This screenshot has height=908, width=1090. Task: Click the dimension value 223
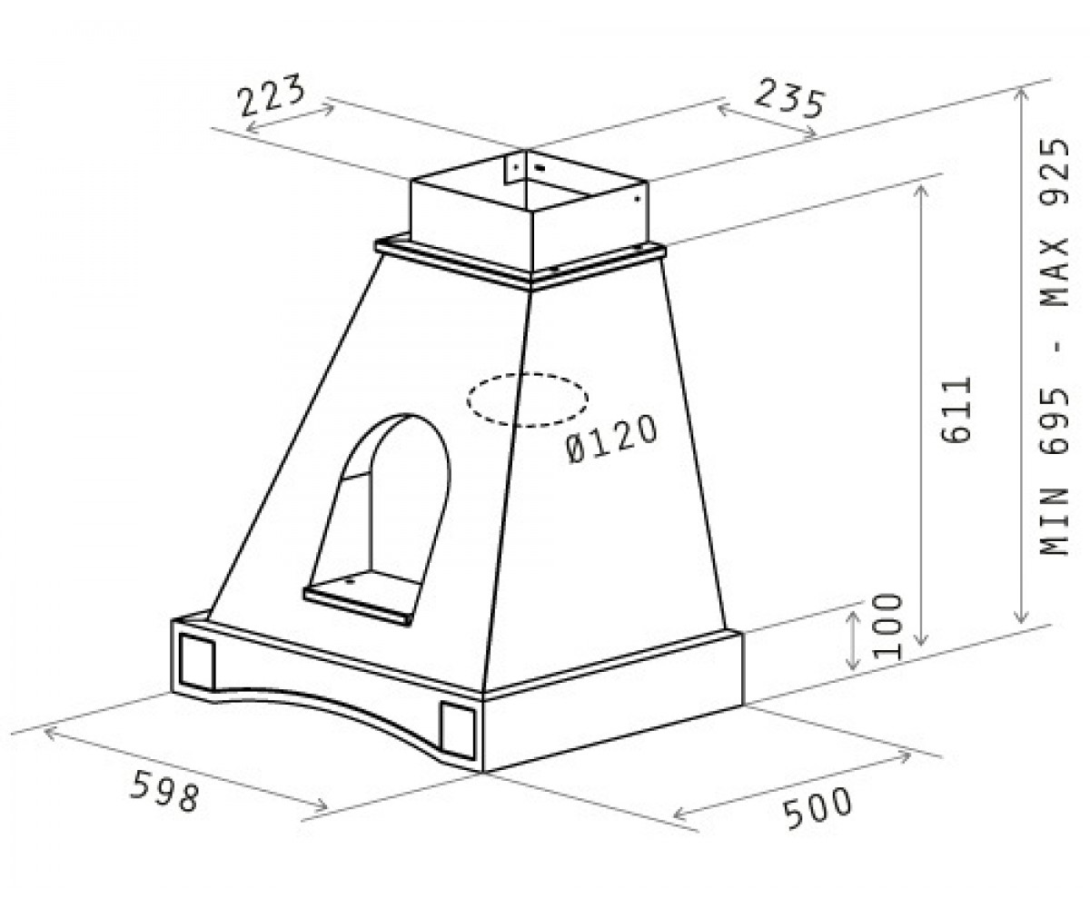click(272, 95)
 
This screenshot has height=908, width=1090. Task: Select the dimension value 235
click(789, 99)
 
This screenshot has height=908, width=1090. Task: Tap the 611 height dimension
click(956, 410)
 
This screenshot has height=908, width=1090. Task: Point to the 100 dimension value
click(888, 627)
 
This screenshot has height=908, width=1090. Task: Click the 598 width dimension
click(164, 791)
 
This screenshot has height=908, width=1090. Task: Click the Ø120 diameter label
click(611, 440)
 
